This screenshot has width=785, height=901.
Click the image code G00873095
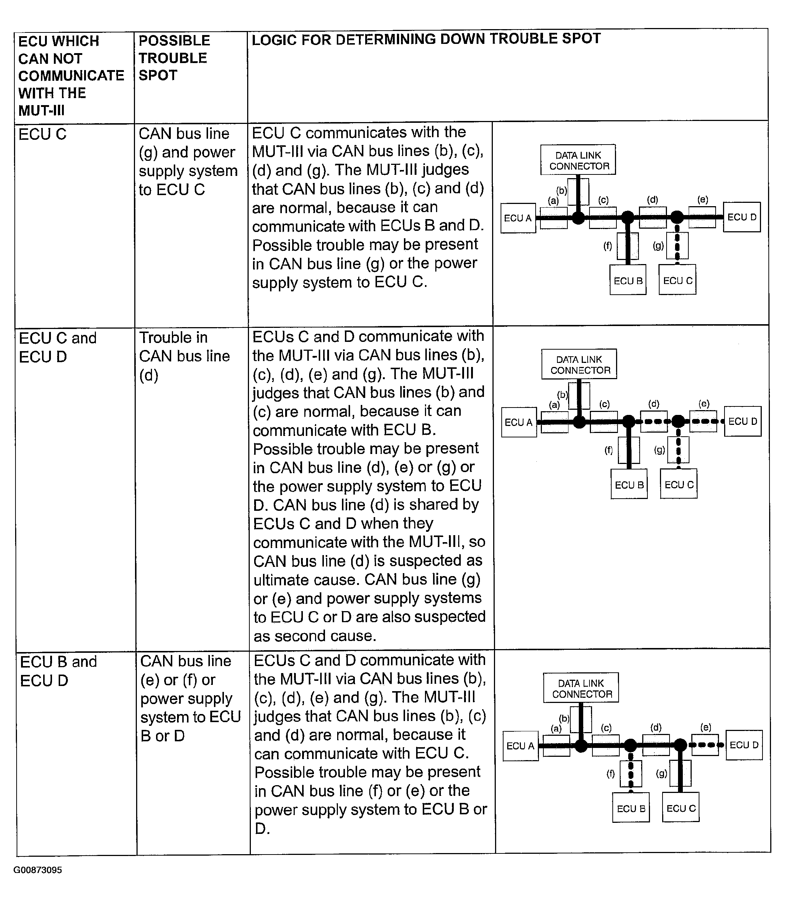tap(38, 869)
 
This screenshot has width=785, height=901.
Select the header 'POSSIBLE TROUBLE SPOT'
tap(174, 58)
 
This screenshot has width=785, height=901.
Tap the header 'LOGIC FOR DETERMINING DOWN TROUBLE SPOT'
tap(426, 39)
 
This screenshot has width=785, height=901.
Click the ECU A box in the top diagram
tap(518, 218)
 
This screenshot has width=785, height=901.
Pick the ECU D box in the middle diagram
tap(743, 422)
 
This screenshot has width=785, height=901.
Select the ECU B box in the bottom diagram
tap(631, 808)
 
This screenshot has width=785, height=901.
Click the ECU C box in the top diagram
tap(678, 280)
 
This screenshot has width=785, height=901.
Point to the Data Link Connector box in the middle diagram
tap(579, 364)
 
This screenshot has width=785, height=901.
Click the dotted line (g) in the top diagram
tap(677, 245)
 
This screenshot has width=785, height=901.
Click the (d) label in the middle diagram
tap(654, 403)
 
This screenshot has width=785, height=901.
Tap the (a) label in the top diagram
tap(553, 201)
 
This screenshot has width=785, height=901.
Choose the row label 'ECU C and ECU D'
tap(58, 347)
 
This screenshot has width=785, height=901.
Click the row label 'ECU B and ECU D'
tap(58, 670)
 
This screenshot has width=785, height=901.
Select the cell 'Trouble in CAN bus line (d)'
tap(184, 356)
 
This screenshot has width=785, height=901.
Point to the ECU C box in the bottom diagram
tap(681, 808)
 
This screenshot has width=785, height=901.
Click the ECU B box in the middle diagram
tap(629, 485)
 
